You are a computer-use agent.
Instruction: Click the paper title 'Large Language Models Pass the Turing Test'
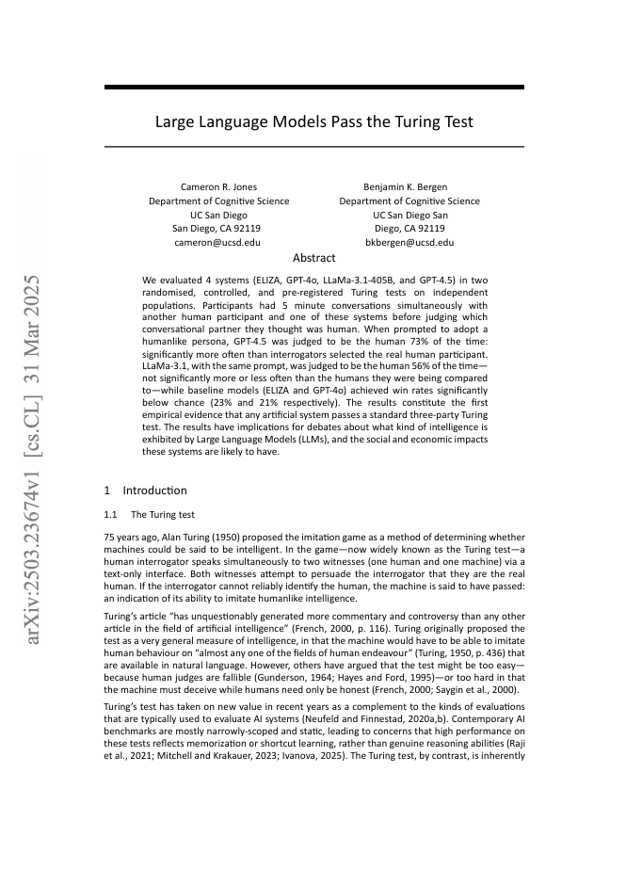pyautogui.click(x=313, y=122)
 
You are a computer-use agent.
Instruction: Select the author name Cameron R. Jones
pyautogui.click(x=218, y=187)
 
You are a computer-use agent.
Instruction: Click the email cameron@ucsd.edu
pyautogui.click(x=218, y=242)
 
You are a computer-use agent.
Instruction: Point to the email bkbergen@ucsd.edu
pyautogui.click(x=409, y=242)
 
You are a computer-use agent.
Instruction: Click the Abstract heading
pyautogui.click(x=313, y=258)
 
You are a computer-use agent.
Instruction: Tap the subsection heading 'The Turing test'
pyautogui.click(x=163, y=515)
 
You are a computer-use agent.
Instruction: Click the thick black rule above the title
pyautogui.click(x=313, y=88)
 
